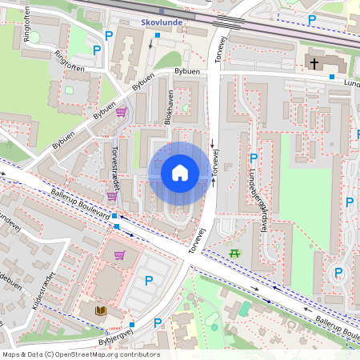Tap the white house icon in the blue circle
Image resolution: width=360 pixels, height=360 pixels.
180,173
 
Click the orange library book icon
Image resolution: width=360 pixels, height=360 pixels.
100,310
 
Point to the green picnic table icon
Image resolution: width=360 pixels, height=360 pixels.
234,253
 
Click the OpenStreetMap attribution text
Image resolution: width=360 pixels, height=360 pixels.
80,354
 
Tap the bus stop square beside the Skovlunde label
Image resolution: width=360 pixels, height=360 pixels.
158,36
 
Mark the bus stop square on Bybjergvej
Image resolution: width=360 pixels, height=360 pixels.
131,325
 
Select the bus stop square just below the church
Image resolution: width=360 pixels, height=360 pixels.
332,77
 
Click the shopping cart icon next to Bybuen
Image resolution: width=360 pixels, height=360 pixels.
121,112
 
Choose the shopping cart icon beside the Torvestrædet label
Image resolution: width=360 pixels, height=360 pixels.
111,195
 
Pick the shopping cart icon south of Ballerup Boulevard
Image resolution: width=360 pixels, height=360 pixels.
119,256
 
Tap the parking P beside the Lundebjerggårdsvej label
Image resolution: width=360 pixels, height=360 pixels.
253,158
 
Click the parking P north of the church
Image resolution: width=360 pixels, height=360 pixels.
312,19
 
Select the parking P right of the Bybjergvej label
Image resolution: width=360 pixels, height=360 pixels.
158,323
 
